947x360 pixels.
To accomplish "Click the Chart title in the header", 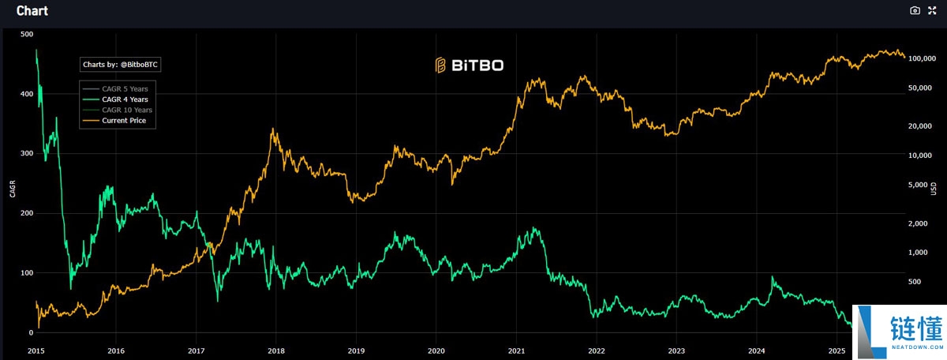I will pyautogui.click(x=32, y=11).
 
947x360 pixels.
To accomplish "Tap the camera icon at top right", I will pyautogui.click(x=915, y=10).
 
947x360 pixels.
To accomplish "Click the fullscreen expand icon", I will pyautogui.click(x=933, y=10).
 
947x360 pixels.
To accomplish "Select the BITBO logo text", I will pyautogui.click(x=470, y=66).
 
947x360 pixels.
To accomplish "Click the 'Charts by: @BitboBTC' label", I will pyautogui.click(x=125, y=65).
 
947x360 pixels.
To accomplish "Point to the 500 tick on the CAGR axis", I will pyautogui.click(x=27, y=34).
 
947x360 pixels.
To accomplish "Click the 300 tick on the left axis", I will pyautogui.click(x=27, y=153).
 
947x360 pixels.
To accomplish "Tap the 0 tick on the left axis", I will pyautogui.click(x=30, y=333).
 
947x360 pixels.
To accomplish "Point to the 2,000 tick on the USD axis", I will pyautogui.click(x=921, y=224).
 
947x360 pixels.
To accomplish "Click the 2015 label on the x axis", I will pyautogui.click(x=36, y=349).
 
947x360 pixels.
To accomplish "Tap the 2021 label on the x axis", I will pyautogui.click(x=517, y=349).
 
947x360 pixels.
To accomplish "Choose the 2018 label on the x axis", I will pyautogui.click(x=276, y=349).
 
